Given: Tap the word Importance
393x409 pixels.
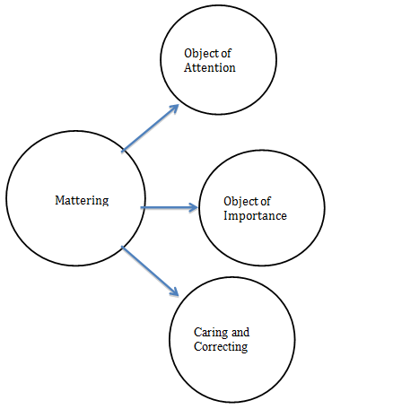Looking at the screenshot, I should click(x=255, y=216).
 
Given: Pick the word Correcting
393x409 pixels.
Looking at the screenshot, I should click(x=220, y=345).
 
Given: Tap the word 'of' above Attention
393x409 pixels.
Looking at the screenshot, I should click(x=226, y=54).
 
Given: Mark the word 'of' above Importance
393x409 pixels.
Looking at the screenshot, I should click(x=266, y=202).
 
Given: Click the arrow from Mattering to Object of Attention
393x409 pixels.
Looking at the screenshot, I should click(x=149, y=127).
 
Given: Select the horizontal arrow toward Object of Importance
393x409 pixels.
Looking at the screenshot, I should click(x=169, y=207).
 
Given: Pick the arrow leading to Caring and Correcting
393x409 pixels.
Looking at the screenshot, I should click(x=150, y=271).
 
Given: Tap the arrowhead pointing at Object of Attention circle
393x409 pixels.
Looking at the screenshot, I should click(x=173, y=108).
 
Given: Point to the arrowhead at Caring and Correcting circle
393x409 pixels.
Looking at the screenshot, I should click(x=174, y=292).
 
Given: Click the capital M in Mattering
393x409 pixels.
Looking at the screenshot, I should click(x=58, y=201).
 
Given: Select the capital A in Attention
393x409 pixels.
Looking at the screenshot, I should click(x=188, y=68).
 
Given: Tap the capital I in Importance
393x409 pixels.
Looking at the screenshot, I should click(x=225, y=216).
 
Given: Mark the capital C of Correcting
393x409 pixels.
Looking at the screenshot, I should click(x=198, y=345).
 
